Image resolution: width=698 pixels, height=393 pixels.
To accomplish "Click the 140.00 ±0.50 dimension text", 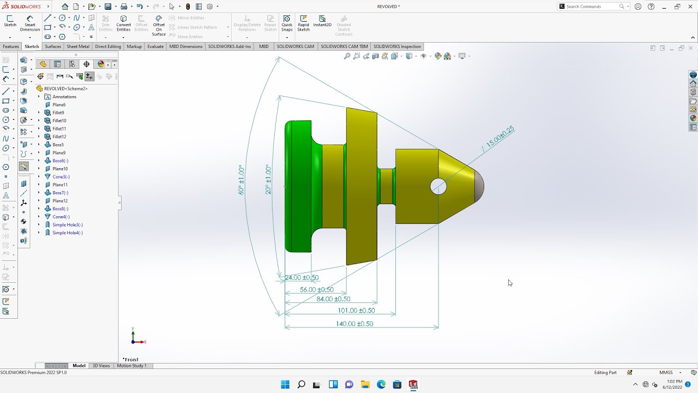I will coord(354,324).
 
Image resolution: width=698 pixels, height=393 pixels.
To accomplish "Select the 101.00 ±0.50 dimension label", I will coord(356,311).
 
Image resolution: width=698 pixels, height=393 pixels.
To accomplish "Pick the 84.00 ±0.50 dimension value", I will coord(333,299).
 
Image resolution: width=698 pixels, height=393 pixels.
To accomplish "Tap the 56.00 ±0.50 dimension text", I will coord(316,290).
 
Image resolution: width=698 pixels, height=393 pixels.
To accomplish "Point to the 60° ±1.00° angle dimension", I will coord(241,180).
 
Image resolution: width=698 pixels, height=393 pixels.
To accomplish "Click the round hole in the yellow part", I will coord(438,187).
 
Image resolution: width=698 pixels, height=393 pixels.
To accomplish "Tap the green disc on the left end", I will coord(298,187).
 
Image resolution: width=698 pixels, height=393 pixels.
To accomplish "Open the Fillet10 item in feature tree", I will coord(59,121).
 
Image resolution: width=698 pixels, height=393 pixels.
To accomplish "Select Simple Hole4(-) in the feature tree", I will coord(67,233).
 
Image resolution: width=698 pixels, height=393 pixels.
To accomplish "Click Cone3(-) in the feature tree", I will coord(61,177).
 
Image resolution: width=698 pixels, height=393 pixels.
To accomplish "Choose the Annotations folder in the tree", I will coord(64,97).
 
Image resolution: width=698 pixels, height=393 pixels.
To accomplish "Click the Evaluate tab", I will coord(155,46).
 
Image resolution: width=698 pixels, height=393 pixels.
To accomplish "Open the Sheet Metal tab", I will coord(78,46).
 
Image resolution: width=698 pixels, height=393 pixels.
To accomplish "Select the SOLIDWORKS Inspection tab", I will coord(397,46).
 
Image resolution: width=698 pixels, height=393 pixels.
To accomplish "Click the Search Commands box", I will coord(591,7).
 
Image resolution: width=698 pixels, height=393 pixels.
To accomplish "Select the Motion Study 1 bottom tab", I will coord(131,366).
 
